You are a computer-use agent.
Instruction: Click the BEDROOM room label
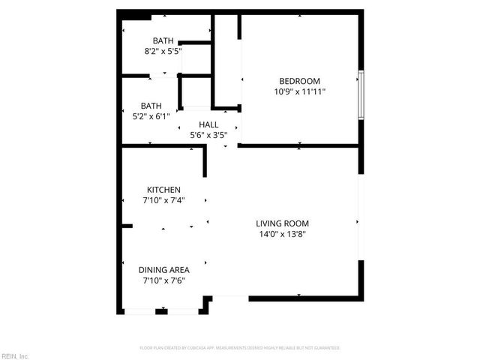click(299, 81)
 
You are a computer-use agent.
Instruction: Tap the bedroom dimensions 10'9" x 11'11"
click(299, 91)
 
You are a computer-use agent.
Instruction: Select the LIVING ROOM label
click(282, 223)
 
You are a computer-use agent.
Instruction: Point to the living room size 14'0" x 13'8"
click(282, 234)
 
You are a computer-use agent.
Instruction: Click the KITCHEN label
click(163, 190)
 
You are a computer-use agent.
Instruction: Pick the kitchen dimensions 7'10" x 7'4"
click(163, 200)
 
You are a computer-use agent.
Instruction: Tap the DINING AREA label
click(163, 270)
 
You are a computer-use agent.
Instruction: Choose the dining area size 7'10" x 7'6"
click(163, 280)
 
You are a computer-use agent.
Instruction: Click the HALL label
click(208, 124)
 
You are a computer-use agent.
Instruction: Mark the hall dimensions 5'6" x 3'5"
click(208, 135)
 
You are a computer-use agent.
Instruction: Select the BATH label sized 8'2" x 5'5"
click(163, 40)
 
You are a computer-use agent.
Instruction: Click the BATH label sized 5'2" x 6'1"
click(150, 106)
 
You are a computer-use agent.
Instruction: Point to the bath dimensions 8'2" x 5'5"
click(163, 51)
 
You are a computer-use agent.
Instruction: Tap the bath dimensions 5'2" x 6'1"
click(150, 116)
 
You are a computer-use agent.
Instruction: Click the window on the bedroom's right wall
click(361, 94)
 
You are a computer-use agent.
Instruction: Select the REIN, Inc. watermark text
click(15, 355)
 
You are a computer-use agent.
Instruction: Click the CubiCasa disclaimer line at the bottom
click(240, 348)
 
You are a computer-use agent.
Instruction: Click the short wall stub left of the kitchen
click(127, 226)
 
